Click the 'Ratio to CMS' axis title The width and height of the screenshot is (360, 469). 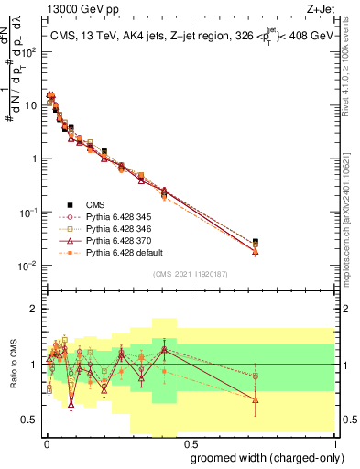tap(12, 365)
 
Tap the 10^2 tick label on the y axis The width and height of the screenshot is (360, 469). tap(27, 50)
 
